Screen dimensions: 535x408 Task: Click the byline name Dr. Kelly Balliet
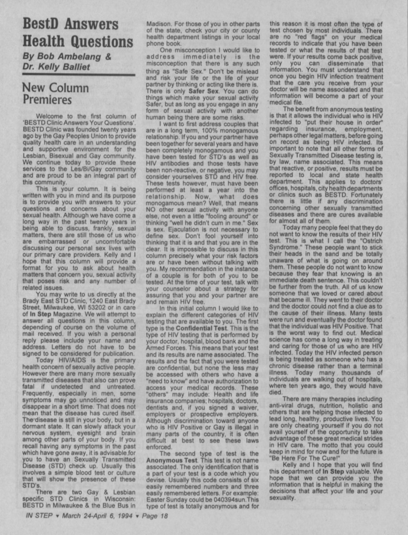point(56,66)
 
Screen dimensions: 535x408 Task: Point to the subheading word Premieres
point(47,100)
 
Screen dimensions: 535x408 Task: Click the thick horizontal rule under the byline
point(78,75)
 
